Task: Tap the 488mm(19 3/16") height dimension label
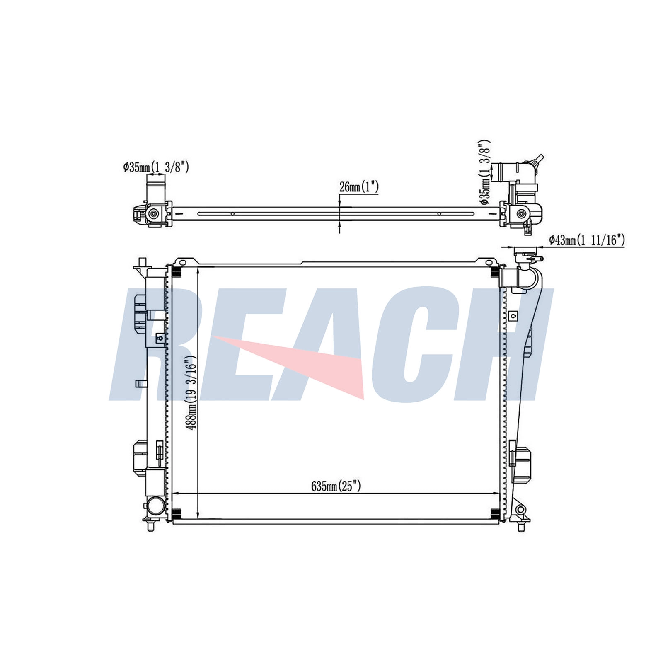(191, 393)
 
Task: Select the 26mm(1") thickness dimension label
(359, 187)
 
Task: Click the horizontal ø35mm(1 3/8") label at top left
(156, 167)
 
